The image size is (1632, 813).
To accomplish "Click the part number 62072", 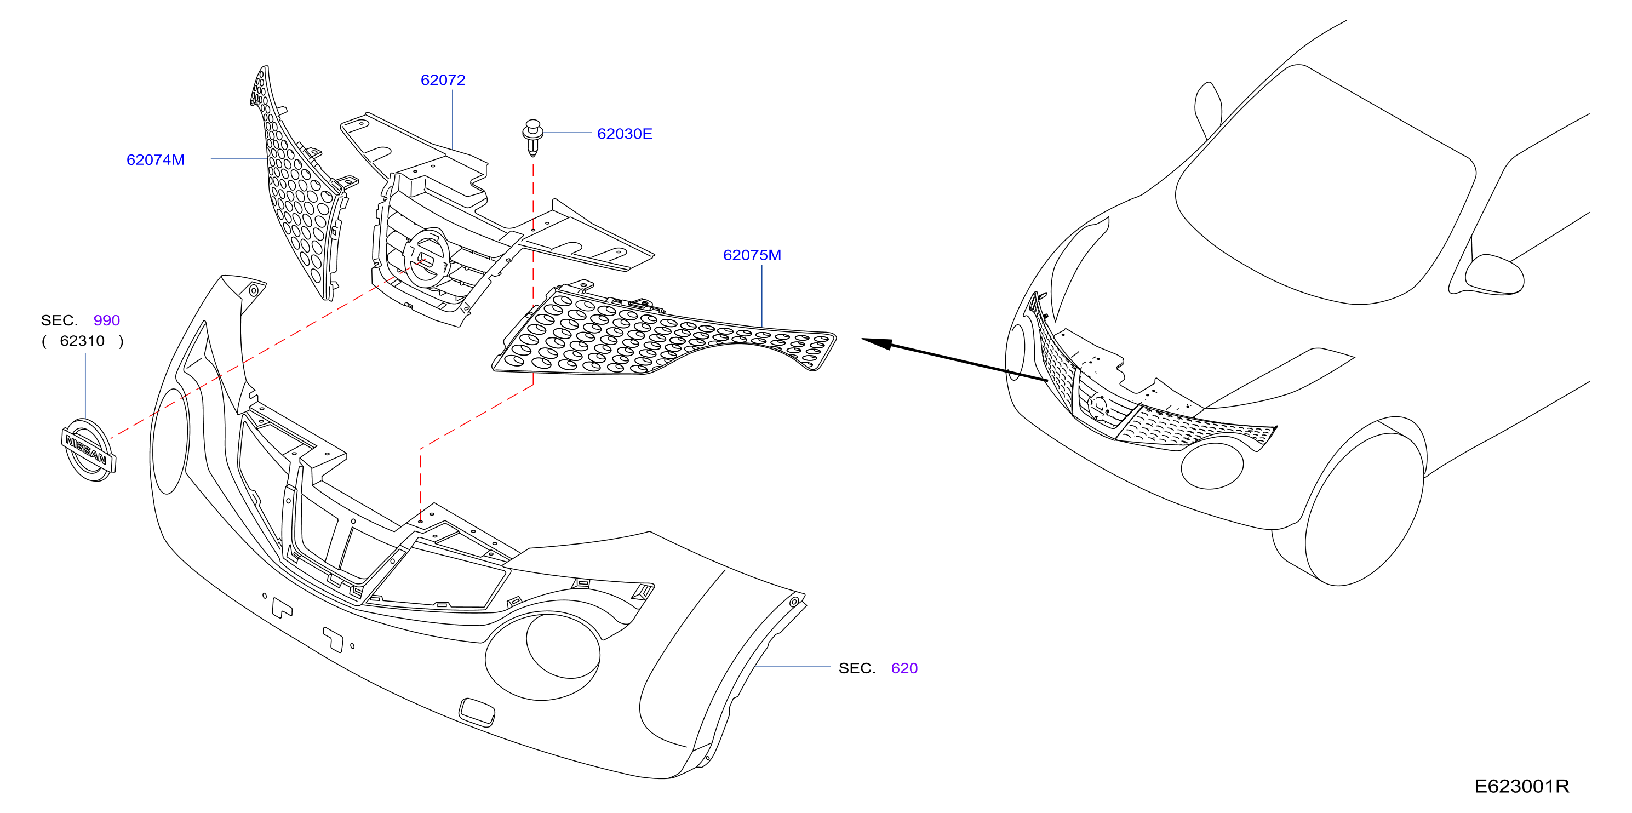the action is point(443,80).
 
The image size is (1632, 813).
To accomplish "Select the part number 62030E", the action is point(625,134).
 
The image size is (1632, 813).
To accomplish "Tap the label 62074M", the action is point(155,159).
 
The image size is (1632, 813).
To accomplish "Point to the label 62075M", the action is point(752,255).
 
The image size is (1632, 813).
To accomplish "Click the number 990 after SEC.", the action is point(106,320).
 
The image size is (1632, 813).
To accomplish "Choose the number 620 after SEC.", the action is point(904,668).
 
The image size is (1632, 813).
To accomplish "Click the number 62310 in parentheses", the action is point(82,341).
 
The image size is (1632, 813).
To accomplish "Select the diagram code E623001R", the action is point(1522,786).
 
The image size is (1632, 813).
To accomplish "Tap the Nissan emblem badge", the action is point(89,450).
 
